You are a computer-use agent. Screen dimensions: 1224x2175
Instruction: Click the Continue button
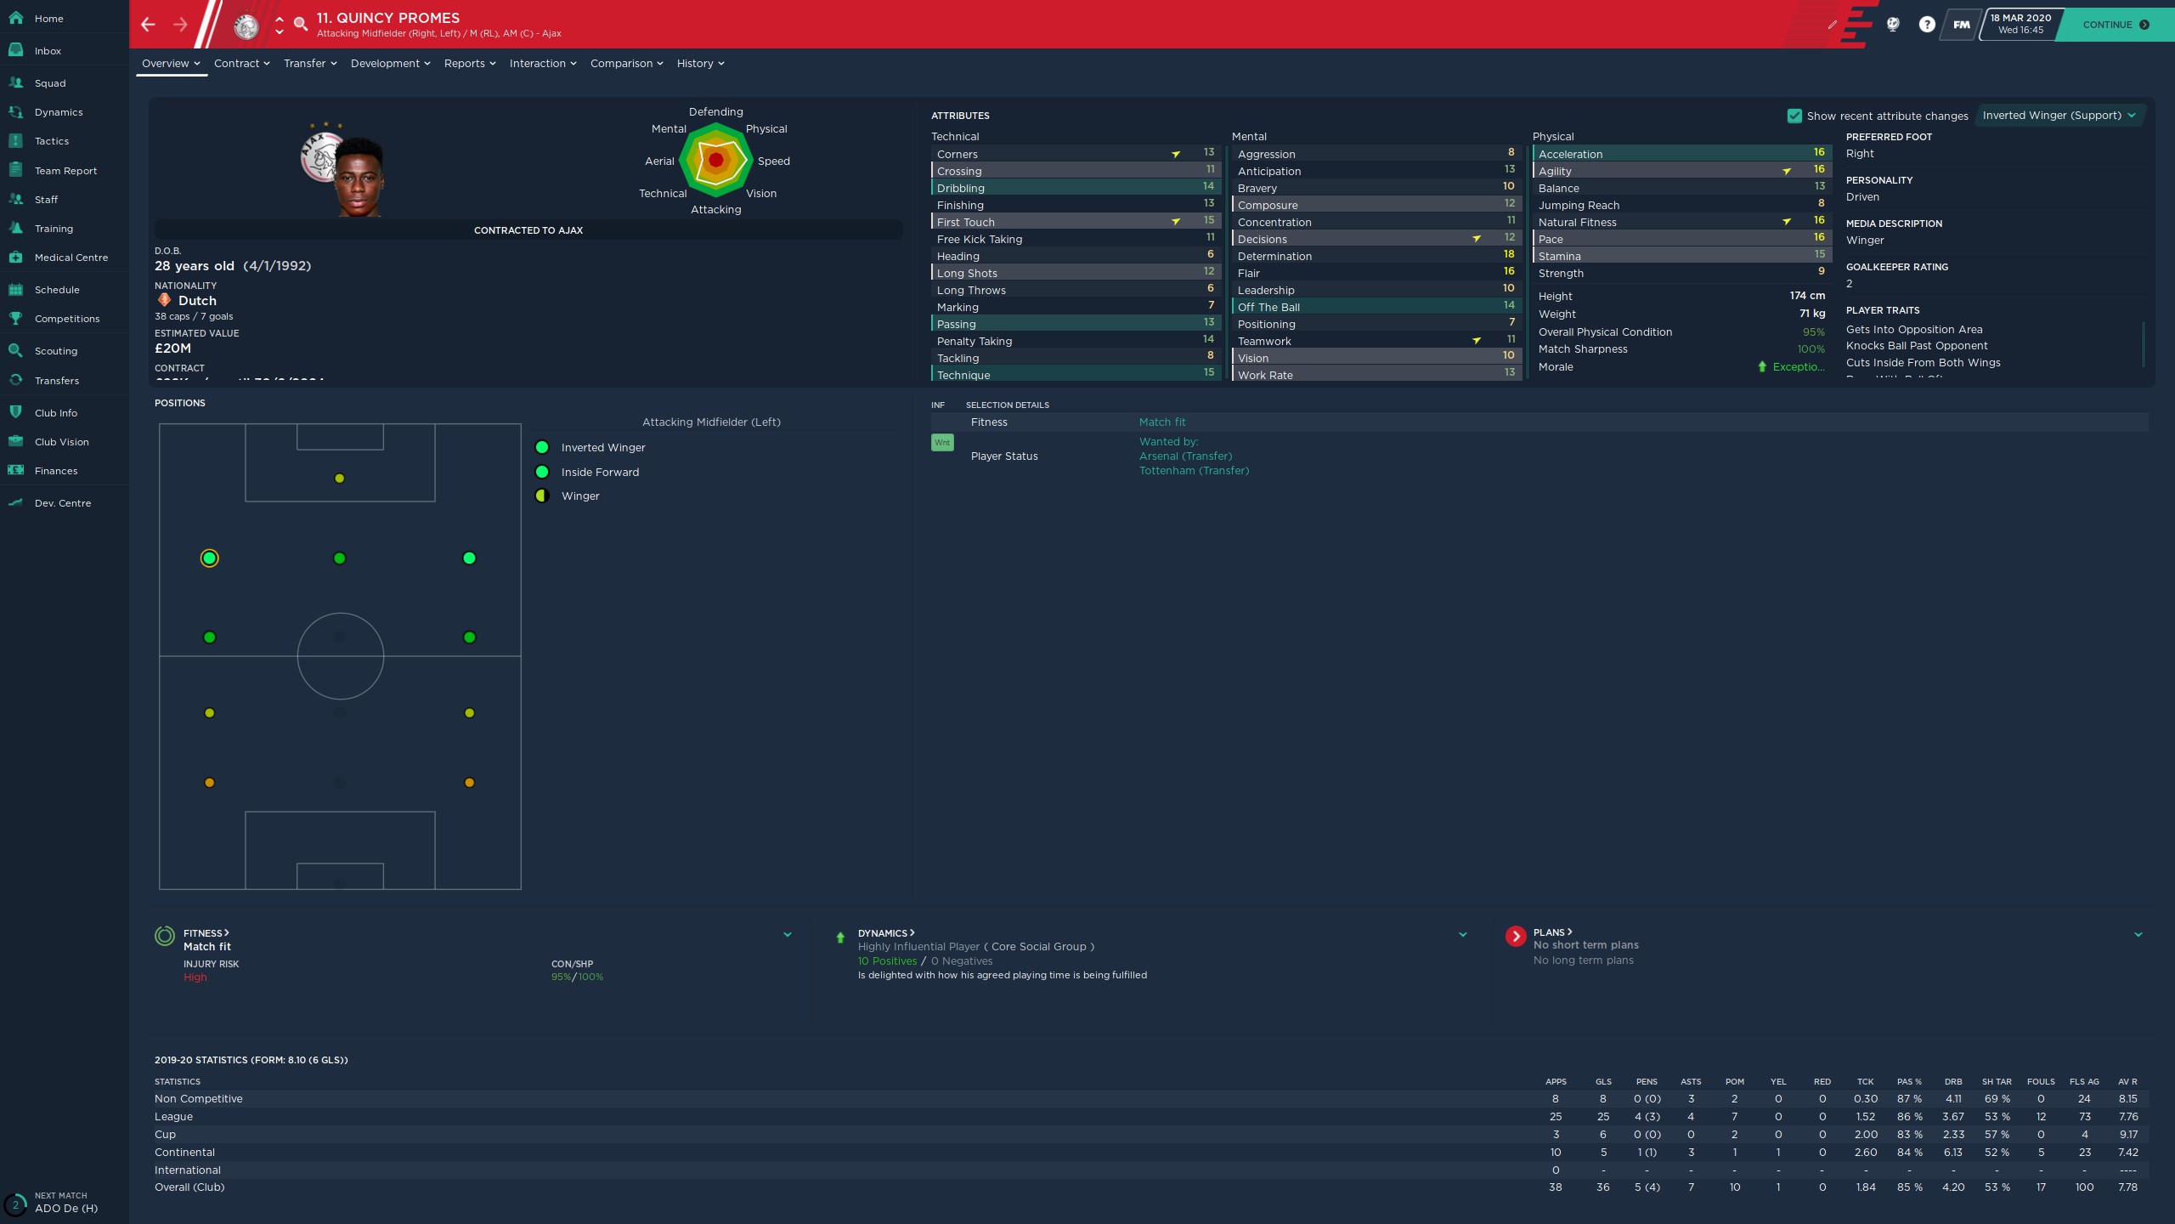click(x=2115, y=25)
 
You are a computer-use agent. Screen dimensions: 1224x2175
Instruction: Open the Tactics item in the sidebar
click(x=52, y=141)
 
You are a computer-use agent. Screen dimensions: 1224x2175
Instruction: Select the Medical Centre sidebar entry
click(x=71, y=258)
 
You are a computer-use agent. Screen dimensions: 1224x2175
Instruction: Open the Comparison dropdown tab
click(x=626, y=64)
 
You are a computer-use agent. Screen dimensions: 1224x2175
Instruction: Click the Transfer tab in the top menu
click(x=309, y=64)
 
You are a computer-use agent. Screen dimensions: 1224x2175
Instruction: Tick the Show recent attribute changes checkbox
click(x=1794, y=116)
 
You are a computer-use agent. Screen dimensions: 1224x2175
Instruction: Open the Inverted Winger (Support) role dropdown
click(x=2059, y=116)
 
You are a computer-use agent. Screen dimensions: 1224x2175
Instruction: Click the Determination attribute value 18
click(x=1509, y=255)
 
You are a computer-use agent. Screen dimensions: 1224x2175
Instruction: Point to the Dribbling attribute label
click(x=961, y=188)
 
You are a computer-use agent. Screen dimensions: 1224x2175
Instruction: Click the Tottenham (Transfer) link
click(x=1194, y=471)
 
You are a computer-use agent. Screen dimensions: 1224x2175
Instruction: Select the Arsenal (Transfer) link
click(x=1185, y=456)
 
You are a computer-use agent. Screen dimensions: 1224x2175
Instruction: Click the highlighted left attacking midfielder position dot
click(x=210, y=558)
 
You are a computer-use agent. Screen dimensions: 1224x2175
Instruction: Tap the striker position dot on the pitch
click(x=340, y=479)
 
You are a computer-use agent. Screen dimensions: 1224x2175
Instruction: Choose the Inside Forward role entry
click(x=600, y=473)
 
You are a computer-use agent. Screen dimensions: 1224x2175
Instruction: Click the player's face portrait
click(x=359, y=178)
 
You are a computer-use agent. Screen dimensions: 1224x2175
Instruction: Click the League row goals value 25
click(x=1602, y=1117)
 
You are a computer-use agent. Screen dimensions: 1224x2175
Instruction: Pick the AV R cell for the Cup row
click(x=2127, y=1135)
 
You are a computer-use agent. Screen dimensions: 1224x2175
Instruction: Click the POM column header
click(x=1734, y=1082)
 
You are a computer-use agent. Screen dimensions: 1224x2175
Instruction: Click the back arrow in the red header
click(x=149, y=25)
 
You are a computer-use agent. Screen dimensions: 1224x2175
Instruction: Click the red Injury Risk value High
click(x=195, y=977)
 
